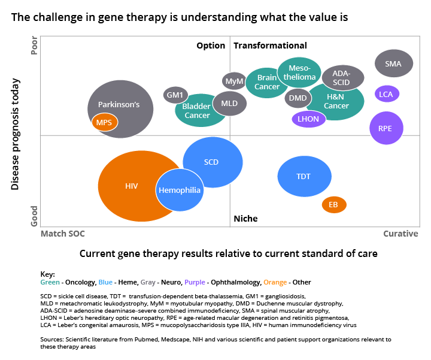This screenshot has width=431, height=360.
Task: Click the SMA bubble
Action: pyautogui.click(x=393, y=63)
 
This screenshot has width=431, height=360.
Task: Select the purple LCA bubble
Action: pyautogui.click(x=387, y=94)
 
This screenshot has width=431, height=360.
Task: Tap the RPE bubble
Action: pyautogui.click(x=386, y=128)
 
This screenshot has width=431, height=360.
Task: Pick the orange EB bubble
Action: pyautogui.click(x=333, y=205)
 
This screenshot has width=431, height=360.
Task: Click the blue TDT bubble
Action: pyautogui.click(x=303, y=176)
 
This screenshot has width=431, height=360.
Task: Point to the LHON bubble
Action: pyautogui.click(x=308, y=119)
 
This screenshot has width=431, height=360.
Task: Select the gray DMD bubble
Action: pyautogui.click(x=298, y=98)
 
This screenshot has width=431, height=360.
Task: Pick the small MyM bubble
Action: pyautogui.click(x=233, y=81)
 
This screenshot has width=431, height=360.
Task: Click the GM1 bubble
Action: pyautogui.click(x=175, y=95)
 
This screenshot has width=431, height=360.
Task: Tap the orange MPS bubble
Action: pyautogui.click(x=104, y=122)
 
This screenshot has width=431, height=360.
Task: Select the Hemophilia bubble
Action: pyautogui.click(x=179, y=190)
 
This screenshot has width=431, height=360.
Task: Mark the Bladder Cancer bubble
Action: pyautogui.click(x=198, y=111)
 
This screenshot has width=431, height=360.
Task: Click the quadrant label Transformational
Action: pyautogui.click(x=270, y=46)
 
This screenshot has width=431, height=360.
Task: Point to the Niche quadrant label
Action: pyautogui.click(x=245, y=219)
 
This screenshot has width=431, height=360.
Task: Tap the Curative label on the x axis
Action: pyautogui.click(x=400, y=234)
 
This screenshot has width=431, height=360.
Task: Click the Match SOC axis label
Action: pyautogui.click(x=62, y=234)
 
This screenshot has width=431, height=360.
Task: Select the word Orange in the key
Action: pyautogui.click(x=275, y=282)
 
